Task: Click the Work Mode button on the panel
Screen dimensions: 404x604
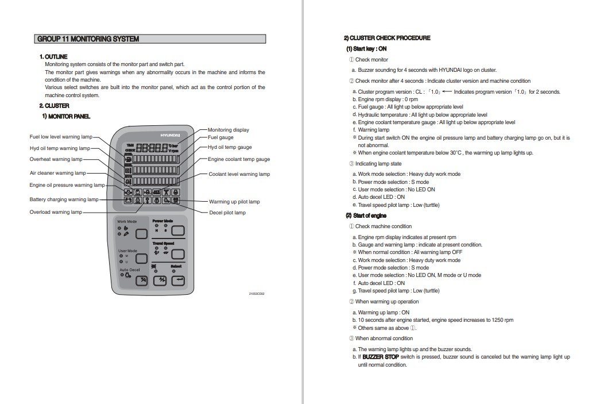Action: [x=141, y=233]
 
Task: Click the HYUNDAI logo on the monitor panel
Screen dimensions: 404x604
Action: [x=170, y=134]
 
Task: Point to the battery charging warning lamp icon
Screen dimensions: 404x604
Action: [x=127, y=201]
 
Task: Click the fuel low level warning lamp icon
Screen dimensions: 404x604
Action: [x=127, y=154]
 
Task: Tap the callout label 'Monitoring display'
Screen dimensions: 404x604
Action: [x=228, y=130]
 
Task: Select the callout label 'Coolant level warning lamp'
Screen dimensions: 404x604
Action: [x=239, y=174]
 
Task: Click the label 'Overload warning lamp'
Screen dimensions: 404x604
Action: [x=56, y=212]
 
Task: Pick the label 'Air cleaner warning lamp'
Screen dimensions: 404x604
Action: [x=57, y=172]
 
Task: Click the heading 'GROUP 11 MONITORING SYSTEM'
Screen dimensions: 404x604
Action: [x=88, y=39]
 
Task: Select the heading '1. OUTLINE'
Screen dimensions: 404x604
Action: [x=53, y=56]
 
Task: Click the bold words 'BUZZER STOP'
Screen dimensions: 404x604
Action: [x=381, y=357]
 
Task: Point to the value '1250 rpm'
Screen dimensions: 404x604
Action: [x=502, y=320]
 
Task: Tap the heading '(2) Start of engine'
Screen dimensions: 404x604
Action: [x=366, y=216]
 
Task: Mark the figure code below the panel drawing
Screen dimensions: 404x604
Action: [x=257, y=293]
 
